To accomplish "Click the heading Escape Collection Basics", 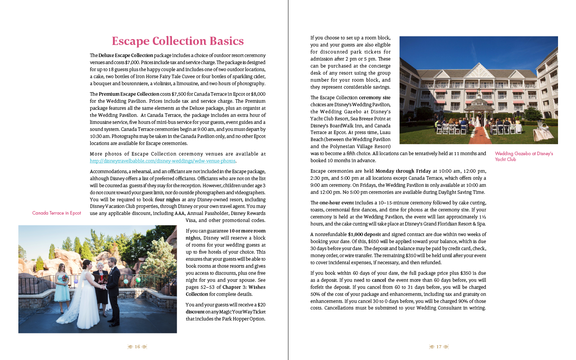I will (178, 41).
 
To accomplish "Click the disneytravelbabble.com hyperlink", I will (163, 161).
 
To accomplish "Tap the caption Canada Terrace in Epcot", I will (57, 213).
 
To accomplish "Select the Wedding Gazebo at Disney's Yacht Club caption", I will (524, 156).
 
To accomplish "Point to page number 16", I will (137, 347).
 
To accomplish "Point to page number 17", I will (439, 347).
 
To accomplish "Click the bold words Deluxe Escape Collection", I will (126, 56).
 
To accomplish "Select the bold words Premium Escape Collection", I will (129, 94).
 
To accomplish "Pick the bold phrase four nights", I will (168, 200).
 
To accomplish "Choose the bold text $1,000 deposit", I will (364, 235).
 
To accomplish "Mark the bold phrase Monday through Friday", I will (403, 171).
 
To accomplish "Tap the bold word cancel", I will (379, 280).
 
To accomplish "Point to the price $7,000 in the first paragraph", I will (132, 63).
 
